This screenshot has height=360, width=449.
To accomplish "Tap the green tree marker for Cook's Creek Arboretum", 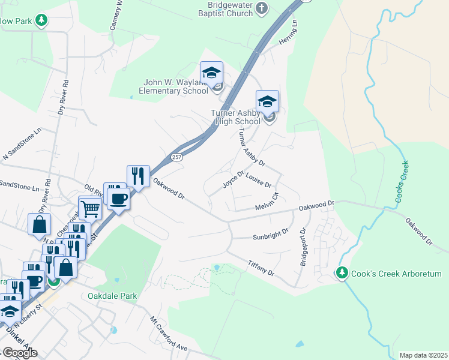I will pyautogui.click(x=343, y=274).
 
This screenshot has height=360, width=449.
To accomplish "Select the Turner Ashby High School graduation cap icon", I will pyautogui.click(x=268, y=101).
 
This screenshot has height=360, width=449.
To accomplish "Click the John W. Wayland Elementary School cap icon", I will pyautogui.click(x=211, y=73).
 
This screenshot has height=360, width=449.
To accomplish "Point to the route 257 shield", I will pyautogui.click(x=176, y=157).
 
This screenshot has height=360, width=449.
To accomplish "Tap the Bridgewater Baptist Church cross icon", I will pyautogui.click(x=261, y=8).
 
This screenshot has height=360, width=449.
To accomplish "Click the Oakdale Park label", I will pyautogui.click(x=112, y=296).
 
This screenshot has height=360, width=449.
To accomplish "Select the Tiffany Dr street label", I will pyautogui.click(x=261, y=268).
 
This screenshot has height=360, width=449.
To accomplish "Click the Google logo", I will pyautogui.click(x=20, y=353).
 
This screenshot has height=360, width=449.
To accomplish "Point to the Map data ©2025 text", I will pyautogui.click(x=423, y=355).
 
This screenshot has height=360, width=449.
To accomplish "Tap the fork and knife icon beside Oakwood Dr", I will pyautogui.click(x=138, y=176).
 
